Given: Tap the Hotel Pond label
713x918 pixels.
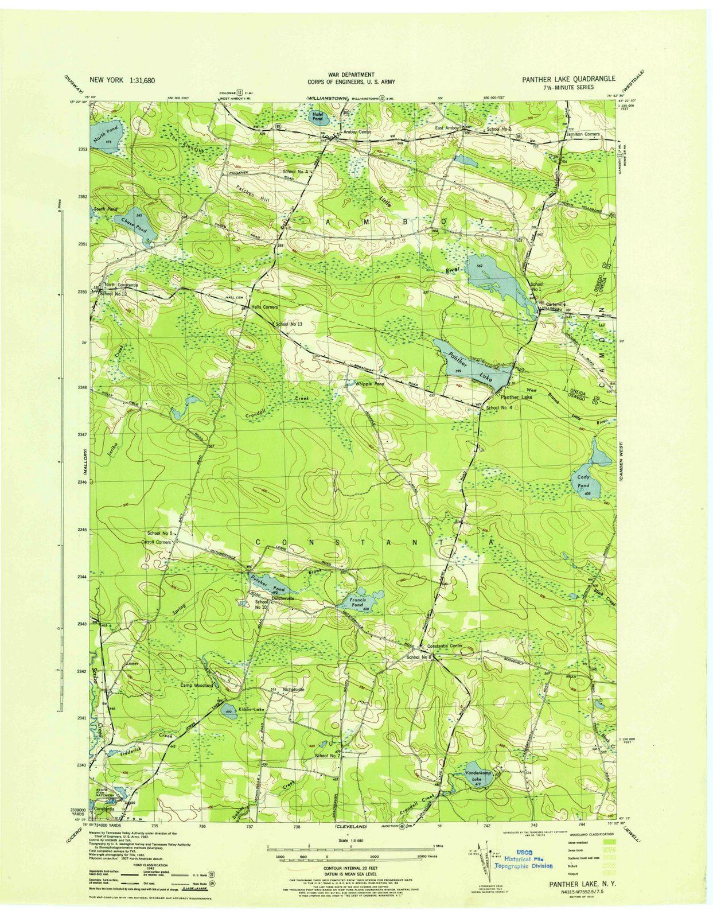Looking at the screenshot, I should [x=317, y=115].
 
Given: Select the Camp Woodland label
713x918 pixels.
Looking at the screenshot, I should [x=197, y=685].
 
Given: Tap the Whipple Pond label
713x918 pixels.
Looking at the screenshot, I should [x=370, y=383].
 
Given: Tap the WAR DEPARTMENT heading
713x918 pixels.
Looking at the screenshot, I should [x=351, y=75].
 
